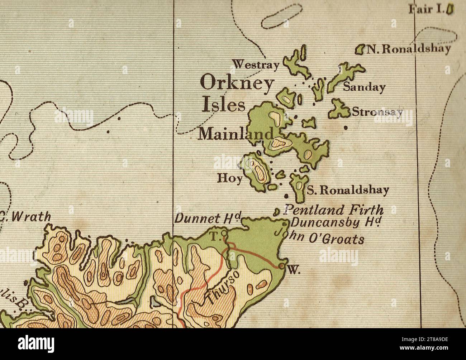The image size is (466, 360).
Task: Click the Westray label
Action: click(x=256, y=65)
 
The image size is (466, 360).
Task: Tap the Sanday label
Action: click(x=364, y=87)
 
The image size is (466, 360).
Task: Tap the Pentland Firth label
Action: click(x=333, y=210)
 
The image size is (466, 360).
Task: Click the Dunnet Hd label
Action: click(x=208, y=218)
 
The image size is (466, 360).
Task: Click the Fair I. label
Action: click(x=427, y=8)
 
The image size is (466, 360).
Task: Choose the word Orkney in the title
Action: click(x=237, y=84)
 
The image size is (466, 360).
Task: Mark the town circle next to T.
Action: click(x=224, y=233)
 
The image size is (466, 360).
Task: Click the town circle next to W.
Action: click(x=282, y=266)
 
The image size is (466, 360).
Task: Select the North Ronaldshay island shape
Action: click(x=360, y=49)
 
